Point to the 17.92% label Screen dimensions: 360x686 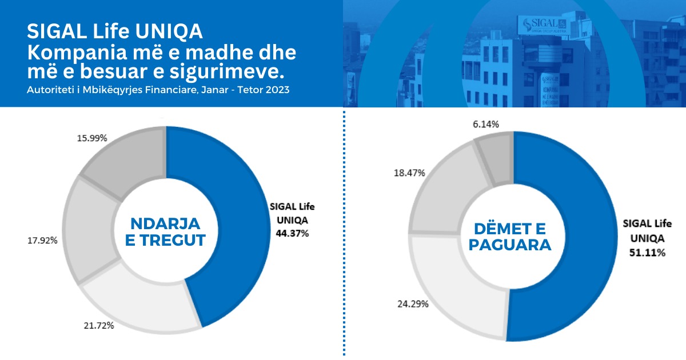pos(42,241)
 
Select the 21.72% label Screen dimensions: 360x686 pos(98,326)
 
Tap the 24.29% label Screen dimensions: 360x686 pos(413,303)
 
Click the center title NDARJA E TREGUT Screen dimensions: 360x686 pos(165,231)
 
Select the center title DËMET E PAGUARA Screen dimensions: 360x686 pos(512,237)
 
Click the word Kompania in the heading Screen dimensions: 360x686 pos(73,54)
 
